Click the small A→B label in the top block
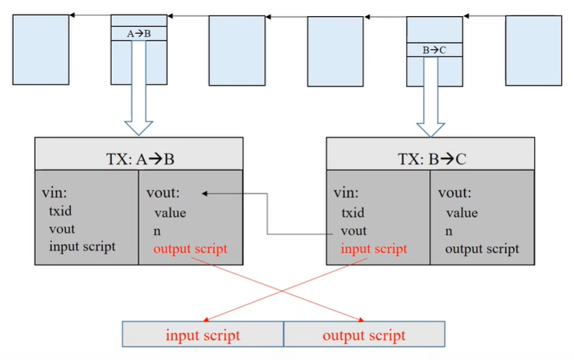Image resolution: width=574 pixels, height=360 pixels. pos(139,33)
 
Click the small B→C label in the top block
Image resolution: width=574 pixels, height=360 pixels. pos(434,50)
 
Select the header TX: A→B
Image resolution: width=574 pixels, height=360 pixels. pos(139,159)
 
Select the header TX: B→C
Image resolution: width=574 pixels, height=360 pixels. pos(431,159)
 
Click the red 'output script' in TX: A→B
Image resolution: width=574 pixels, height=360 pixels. pos(190,249)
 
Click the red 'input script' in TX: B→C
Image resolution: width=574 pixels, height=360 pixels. pos(374,248)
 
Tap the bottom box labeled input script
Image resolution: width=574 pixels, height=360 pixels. pos(203,335)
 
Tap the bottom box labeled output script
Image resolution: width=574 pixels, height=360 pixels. pos(364,335)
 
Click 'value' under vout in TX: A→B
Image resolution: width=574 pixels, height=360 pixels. pos(169,212)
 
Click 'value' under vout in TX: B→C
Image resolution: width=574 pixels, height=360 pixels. pos(462,212)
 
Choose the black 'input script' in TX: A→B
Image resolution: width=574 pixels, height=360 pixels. pos(82,246)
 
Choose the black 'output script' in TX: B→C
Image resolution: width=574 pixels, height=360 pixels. pos(482,248)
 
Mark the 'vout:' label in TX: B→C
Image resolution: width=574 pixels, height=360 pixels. pos(455,193)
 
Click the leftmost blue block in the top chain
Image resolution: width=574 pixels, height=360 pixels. pos(40,50)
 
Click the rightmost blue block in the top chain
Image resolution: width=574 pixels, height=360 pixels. pos(533,50)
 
